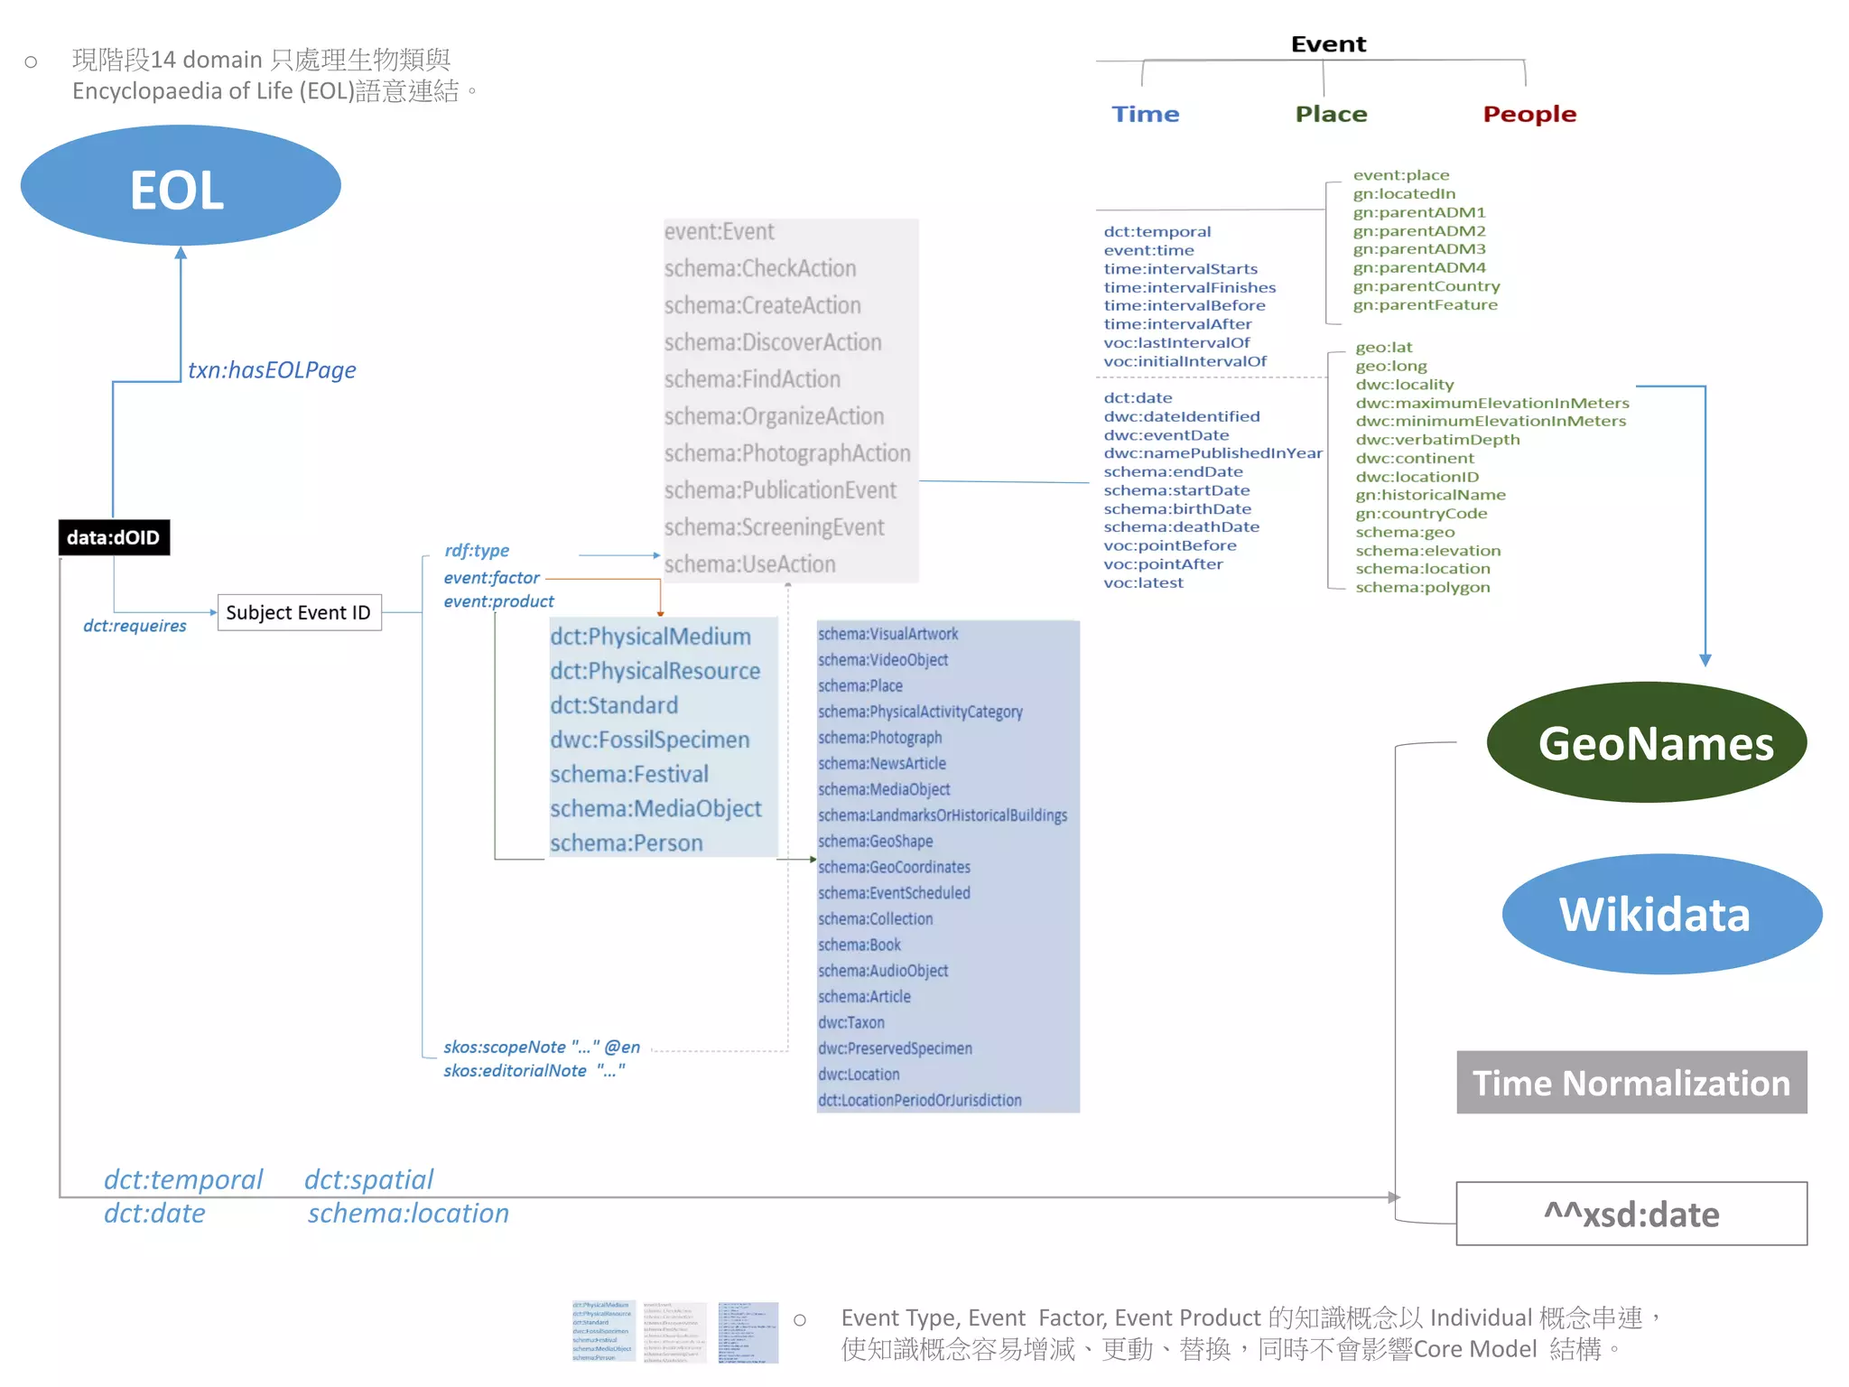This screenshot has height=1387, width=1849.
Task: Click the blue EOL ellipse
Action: coord(181,186)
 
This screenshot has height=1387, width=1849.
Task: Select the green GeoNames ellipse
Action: coord(1646,742)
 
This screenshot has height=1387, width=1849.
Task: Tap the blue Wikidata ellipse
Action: coord(1661,914)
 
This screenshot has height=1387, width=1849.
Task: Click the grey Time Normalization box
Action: coord(1631,1082)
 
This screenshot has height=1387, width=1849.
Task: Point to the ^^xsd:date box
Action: coord(1631,1214)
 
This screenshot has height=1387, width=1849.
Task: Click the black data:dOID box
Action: coord(114,537)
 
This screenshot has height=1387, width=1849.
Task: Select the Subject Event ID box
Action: coord(299,612)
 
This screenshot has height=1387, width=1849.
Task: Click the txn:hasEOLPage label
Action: coord(272,370)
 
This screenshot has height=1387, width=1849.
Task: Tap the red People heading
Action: coord(1529,115)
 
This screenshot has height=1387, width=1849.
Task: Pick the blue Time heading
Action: coord(1145,115)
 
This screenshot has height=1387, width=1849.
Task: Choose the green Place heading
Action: coord(1331,115)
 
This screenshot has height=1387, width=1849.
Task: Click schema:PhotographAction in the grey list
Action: coord(787,453)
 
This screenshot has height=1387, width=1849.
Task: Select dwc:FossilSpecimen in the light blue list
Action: coord(650,740)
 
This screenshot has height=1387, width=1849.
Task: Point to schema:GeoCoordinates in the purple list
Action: coord(894,867)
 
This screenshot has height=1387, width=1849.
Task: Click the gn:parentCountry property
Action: coord(1426,286)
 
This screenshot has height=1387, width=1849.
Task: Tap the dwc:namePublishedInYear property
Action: coord(1213,453)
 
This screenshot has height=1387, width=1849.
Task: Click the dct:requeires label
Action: coord(135,626)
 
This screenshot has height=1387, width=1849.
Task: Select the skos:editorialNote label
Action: coord(534,1071)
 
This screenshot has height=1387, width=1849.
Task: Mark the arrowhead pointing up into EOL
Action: coord(181,254)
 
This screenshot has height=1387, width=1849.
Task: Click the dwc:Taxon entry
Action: coord(851,1022)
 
